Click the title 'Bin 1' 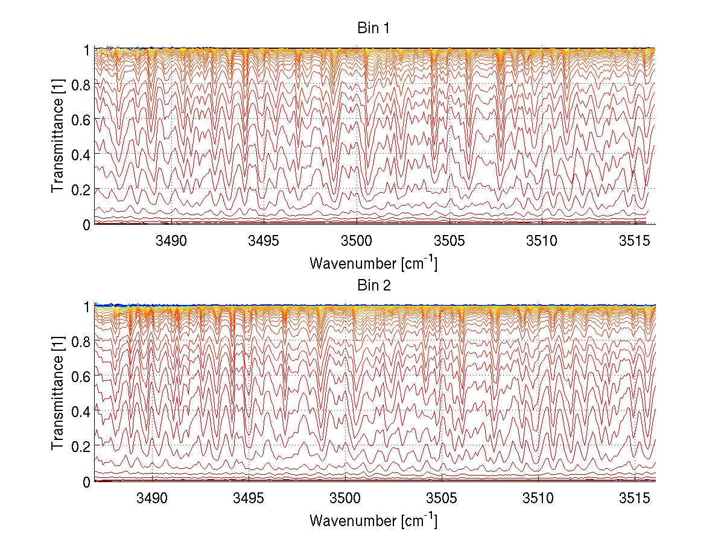(x=375, y=28)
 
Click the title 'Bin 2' (x=375, y=285)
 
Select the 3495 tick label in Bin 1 (x=264, y=241)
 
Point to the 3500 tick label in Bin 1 (x=357, y=241)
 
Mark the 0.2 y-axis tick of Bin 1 (x=81, y=189)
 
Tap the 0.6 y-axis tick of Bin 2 (x=81, y=376)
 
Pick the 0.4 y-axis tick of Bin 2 (x=81, y=411)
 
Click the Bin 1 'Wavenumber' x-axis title (x=373, y=263)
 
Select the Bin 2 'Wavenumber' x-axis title (x=373, y=520)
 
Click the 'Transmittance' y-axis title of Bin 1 (x=58, y=137)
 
